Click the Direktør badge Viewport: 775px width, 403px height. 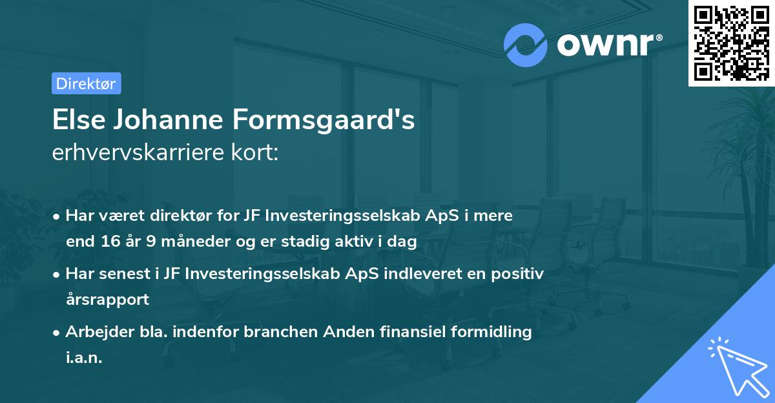[86, 83]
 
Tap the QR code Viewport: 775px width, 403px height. [732, 43]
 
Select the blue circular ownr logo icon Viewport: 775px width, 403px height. [526, 45]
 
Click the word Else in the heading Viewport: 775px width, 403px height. [76, 121]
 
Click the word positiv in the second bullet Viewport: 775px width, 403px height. [521, 274]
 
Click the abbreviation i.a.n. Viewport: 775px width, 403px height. [84, 357]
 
